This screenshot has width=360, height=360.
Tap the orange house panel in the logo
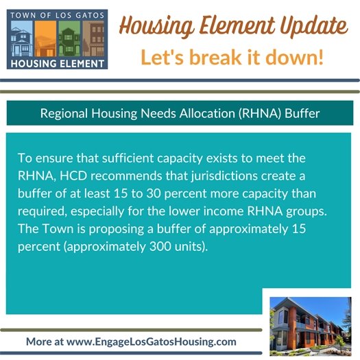(45, 38)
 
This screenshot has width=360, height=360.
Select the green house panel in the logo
(69, 38)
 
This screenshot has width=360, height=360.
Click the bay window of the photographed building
(287, 326)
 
